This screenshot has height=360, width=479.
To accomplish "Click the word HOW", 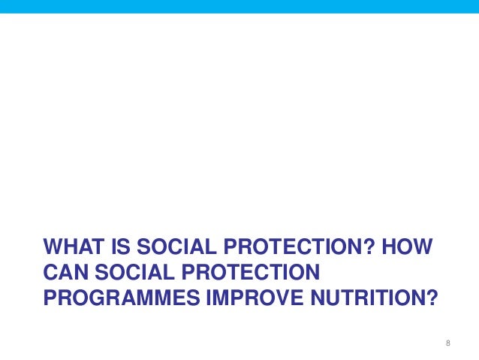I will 412,248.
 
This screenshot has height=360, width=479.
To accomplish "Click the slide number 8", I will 448,343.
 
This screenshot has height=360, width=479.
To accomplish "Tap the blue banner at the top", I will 239,7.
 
